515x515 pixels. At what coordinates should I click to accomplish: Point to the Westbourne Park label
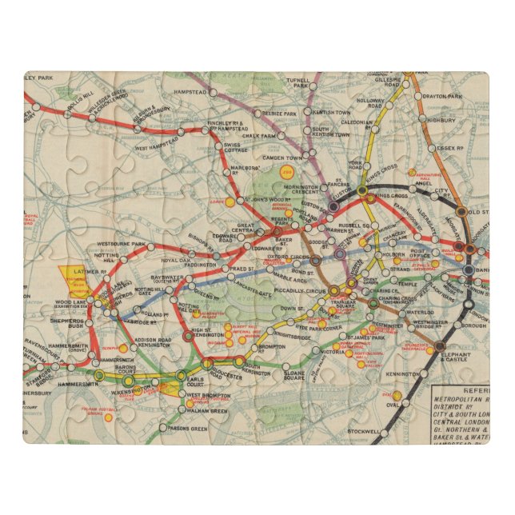(121, 242)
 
